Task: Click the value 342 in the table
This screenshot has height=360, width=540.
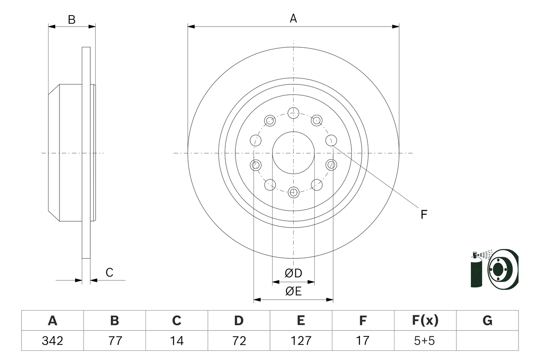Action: click(x=52, y=341)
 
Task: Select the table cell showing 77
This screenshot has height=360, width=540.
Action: click(x=114, y=341)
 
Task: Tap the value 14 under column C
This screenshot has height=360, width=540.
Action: click(x=176, y=341)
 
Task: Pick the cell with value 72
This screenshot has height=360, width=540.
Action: click(x=239, y=341)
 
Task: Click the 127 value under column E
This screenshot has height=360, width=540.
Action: click(x=301, y=341)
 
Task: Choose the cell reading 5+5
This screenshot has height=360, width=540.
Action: click(x=425, y=341)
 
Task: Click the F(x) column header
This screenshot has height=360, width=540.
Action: click(x=425, y=321)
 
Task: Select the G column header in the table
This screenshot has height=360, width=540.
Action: click(x=487, y=321)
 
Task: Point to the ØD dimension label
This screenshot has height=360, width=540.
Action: click(x=294, y=273)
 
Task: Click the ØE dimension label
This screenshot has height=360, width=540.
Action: click(x=294, y=291)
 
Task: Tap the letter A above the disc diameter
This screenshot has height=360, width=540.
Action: click(x=293, y=18)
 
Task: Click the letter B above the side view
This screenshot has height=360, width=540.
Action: click(x=72, y=19)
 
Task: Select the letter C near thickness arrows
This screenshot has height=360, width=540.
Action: click(x=109, y=273)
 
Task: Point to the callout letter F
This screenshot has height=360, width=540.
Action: click(x=424, y=214)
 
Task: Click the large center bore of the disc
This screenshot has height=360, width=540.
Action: click(x=293, y=153)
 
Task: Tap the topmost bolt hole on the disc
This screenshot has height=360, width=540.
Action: click(x=293, y=113)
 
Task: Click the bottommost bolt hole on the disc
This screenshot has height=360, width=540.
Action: click(x=293, y=193)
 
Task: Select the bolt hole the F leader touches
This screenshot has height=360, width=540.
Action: click(x=331, y=140)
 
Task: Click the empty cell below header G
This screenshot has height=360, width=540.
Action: click(x=487, y=341)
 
